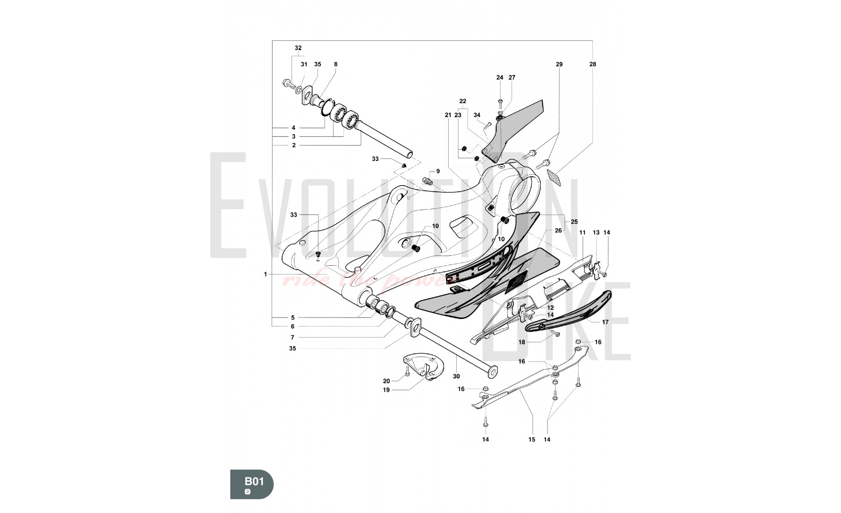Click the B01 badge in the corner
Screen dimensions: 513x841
(x=252, y=484)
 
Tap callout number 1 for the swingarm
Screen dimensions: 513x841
(x=265, y=274)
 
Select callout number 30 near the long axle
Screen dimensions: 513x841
(x=456, y=376)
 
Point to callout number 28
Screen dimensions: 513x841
(x=592, y=64)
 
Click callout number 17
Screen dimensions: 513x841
(x=605, y=322)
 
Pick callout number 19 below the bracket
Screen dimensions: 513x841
(x=386, y=390)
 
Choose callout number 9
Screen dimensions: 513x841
(x=438, y=171)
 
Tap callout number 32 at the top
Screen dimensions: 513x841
(x=298, y=48)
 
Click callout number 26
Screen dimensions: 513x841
(x=558, y=230)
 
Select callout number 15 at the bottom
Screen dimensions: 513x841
(x=532, y=439)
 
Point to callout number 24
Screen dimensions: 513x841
(x=500, y=77)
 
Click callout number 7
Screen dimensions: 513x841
(x=292, y=337)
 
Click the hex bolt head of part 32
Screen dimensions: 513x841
(x=287, y=82)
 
